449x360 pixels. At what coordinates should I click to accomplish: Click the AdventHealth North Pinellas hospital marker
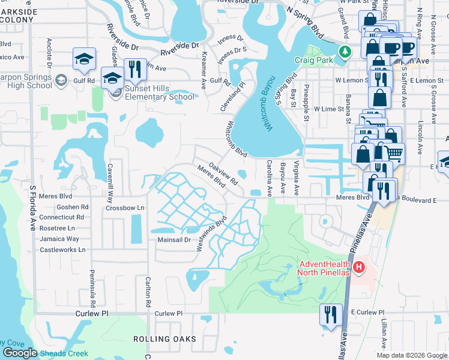359,266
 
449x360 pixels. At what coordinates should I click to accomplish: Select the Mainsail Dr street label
173,239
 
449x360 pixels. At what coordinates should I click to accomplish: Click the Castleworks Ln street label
62,249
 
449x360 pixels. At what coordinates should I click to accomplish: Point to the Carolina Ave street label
270,178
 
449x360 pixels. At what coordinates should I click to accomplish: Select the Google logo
19,353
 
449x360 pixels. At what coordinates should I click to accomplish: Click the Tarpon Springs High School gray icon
61,80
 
